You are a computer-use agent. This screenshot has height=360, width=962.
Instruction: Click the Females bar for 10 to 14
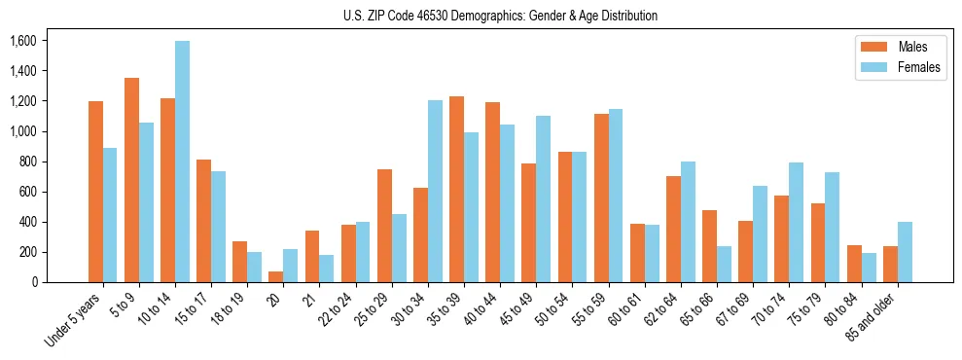point(182,162)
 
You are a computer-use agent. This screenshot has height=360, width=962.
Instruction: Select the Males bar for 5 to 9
point(131,180)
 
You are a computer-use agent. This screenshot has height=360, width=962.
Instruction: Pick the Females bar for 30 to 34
point(435,192)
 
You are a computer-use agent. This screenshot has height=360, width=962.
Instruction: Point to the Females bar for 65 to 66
point(724,264)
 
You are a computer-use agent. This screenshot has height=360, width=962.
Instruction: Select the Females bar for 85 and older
point(905,252)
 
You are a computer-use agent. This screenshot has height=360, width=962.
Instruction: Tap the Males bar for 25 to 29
point(384,226)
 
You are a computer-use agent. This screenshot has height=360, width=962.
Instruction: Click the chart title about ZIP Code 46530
point(500,16)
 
